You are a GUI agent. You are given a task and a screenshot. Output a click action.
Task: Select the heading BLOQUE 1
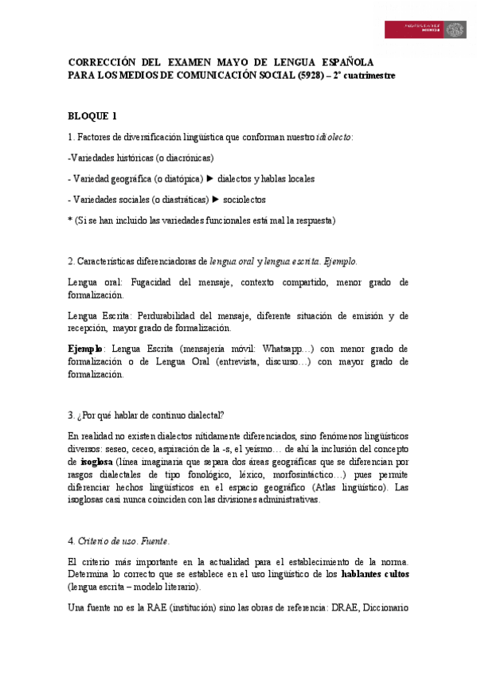pos(93,115)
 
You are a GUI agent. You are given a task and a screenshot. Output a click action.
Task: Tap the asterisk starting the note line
pos(71,220)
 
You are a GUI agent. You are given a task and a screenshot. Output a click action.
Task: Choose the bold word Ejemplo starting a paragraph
pos(86,349)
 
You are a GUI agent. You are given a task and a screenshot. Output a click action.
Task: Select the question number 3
pos(72,414)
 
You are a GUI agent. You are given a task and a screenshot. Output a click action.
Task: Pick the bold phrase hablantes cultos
pos(374,573)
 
